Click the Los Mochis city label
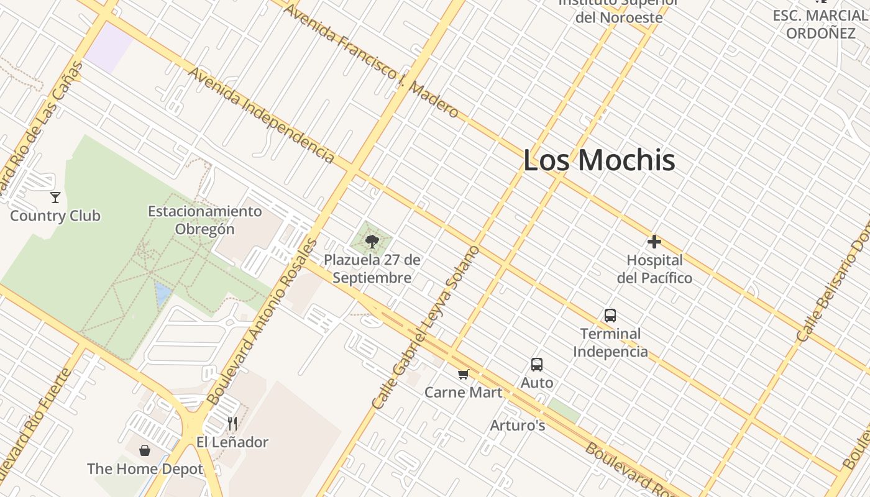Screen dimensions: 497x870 [599, 160]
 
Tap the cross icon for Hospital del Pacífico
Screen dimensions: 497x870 [654, 242]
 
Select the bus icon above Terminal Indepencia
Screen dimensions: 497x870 [610, 316]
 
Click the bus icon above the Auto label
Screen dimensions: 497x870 [537, 365]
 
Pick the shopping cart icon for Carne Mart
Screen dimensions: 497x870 [463, 374]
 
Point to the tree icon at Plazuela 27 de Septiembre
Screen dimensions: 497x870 [372, 241]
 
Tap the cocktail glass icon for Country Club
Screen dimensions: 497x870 [55, 198]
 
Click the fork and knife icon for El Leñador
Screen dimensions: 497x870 [232, 424]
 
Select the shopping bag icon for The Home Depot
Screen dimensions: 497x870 [145, 450]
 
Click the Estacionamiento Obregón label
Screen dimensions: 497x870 [204, 220]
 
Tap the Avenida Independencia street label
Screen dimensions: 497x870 [262, 116]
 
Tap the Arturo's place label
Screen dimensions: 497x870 [518, 426]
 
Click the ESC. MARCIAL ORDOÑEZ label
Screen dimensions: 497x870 [820, 24]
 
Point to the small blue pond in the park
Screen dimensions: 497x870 [162, 294]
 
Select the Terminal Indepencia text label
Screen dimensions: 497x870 [610, 342]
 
